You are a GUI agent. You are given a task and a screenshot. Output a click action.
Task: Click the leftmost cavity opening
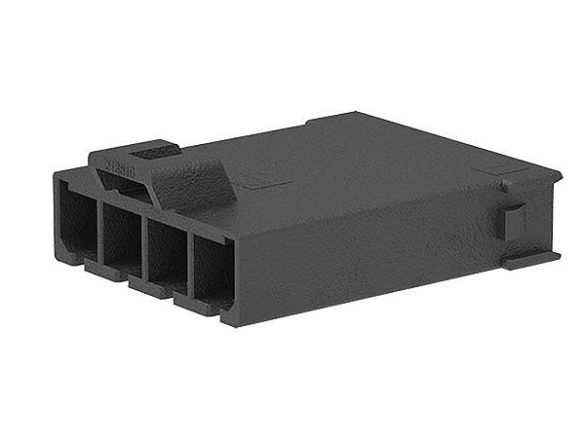coord(76,222)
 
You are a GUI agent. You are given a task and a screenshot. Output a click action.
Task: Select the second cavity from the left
coord(121,237)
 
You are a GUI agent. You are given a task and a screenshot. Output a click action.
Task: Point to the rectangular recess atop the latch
coord(153,152)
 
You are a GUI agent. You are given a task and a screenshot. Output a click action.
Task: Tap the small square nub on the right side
coord(514,221)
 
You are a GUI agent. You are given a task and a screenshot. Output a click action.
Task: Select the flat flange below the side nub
coord(531,257)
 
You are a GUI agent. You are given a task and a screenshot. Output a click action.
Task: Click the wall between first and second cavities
coord(99,230)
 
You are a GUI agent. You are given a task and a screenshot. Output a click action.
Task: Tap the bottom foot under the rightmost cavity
coord(216,310)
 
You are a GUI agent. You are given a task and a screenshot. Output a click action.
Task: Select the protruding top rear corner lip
coord(536,175)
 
